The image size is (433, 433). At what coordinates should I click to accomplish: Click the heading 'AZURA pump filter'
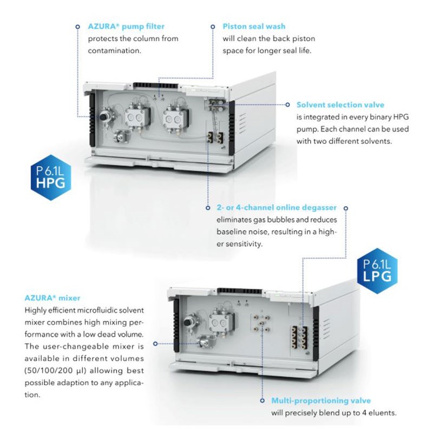pos(126,27)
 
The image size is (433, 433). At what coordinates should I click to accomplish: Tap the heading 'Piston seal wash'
pos(254,27)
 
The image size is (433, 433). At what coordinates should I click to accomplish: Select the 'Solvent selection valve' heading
pos(340,105)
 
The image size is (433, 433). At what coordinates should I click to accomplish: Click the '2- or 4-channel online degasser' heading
pos(277,208)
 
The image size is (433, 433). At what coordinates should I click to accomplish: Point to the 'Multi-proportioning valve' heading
pos(321,401)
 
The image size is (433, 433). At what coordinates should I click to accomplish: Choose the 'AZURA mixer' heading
pos(53,298)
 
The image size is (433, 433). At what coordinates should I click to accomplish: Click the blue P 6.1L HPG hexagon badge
pos(51,181)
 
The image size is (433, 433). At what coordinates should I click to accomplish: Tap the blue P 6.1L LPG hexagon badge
pos(377,271)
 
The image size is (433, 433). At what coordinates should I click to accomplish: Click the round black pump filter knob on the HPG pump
pos(104,117)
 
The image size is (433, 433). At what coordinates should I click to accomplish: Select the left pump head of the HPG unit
pos(136,117)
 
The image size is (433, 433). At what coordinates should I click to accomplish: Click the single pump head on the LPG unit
pos(220,322)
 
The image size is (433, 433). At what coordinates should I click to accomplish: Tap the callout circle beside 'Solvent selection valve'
pos(288,104)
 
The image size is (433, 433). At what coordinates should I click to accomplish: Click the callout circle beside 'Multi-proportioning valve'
pos(263,401)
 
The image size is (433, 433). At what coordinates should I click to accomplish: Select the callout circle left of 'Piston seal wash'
pos(213,27)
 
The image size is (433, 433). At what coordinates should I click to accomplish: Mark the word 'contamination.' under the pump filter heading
pos(114,51)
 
